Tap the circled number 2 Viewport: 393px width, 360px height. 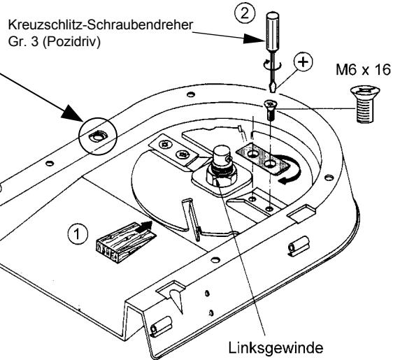(268, 13)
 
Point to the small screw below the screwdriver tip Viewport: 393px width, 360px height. (269, 106)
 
